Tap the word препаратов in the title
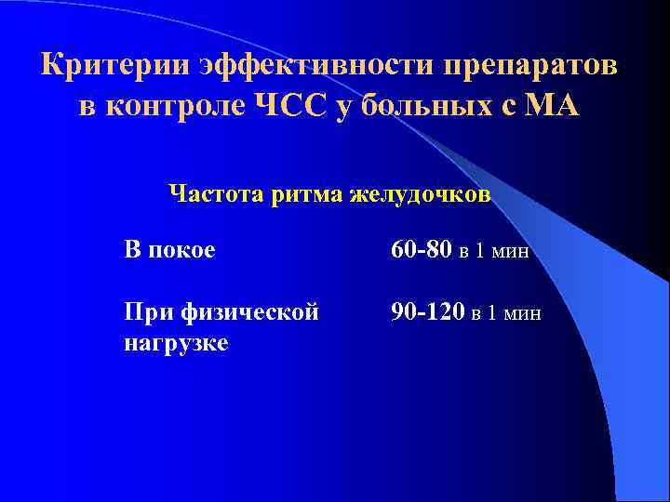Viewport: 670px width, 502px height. pyautogui.click(x=529, y=66)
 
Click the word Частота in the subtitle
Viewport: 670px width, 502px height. pyautogui.click(x=217, y=194)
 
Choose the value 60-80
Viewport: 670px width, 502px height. pyautogui.click(x=422, y=249)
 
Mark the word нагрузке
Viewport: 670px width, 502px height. pyautogui.click(x=175, y=344)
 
